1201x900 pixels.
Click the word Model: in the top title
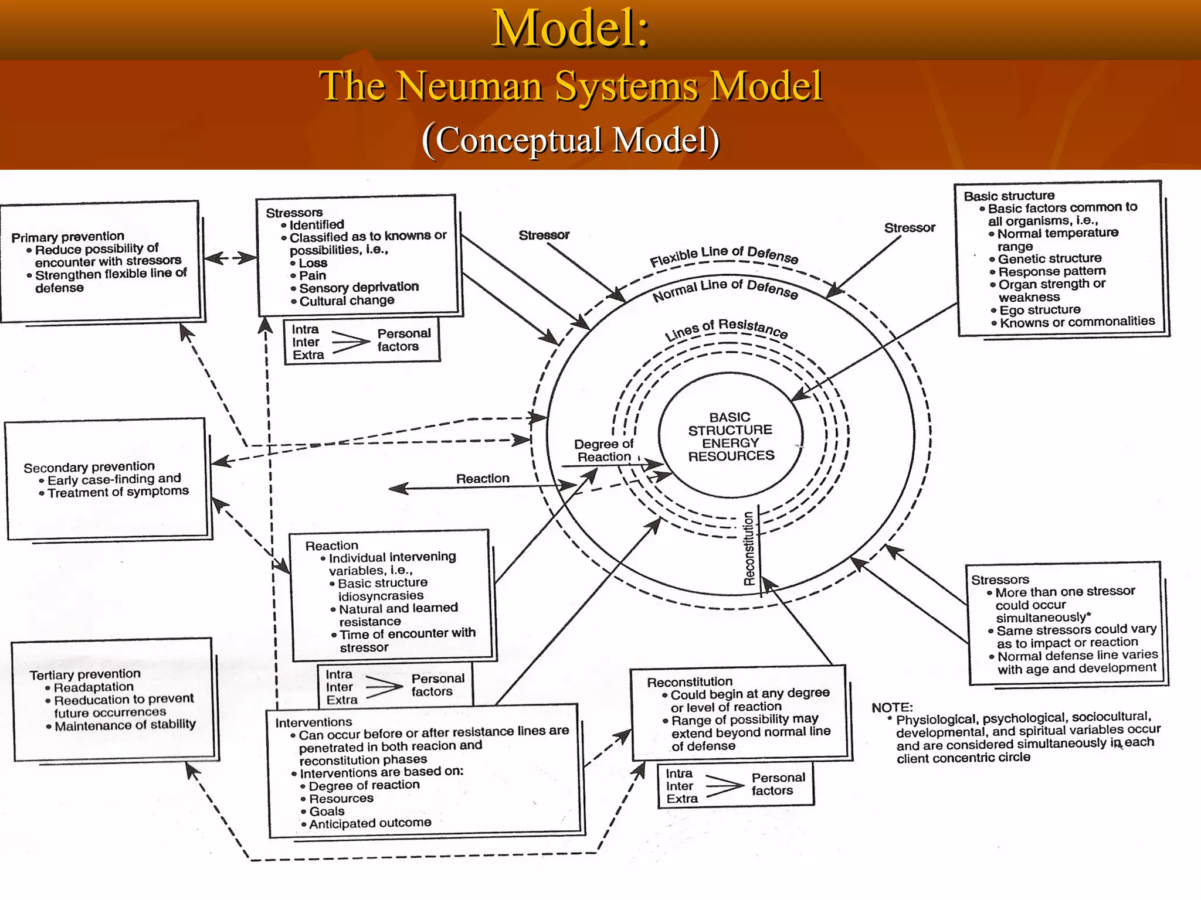click(571, 29)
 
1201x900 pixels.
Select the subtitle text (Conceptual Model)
click(571, 141)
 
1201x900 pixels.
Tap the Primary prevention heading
click(68, 237)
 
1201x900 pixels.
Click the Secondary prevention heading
click(89, 467)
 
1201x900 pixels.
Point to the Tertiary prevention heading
click(85, 674)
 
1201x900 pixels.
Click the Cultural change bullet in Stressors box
click(347, 301)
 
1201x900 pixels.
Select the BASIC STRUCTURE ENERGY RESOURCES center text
click(730, 437)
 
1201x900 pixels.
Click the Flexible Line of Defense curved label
click(724, 255)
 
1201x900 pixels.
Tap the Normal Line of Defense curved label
click(725, 289)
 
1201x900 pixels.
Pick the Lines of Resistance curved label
click(726, 329)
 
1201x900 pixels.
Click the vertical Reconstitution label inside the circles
click(749, 548)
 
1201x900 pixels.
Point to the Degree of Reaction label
click(603, 451)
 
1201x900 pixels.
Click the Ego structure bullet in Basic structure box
click(1040, 310)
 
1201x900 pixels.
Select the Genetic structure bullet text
click(1049, 258)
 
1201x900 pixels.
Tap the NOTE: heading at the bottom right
click(892, 707)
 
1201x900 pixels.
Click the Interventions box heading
click(314, 722)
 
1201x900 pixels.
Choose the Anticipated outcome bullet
click(370, 823)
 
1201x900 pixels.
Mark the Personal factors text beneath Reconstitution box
click(778, 784)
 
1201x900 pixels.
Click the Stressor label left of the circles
click(544, 235)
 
